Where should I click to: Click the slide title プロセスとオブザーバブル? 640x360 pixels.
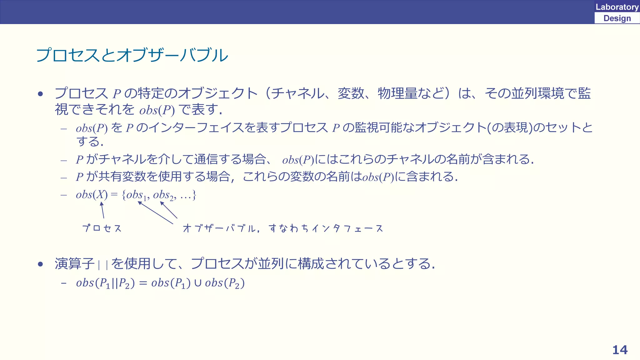click(132, 55)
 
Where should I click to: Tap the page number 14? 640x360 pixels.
click(620, 350)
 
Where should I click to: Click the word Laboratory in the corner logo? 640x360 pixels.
click(617, 7)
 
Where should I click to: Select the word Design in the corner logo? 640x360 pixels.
click(617, 18)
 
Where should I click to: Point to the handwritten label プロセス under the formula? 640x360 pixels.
click(102, 228)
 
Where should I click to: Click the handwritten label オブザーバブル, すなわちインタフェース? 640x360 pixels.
click(283, 228)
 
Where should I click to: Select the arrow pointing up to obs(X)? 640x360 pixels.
click(102, 210)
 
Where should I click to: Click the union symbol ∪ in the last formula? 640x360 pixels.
click(197, 283)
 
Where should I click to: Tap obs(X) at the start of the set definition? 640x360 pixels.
click(92, 195)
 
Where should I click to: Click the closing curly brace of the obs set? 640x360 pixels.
click(194, 195)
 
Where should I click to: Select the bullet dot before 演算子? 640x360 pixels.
click(40, 264)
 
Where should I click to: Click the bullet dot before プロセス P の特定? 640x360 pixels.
click(40, 94)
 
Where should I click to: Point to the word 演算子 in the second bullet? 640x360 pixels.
click(74, 264)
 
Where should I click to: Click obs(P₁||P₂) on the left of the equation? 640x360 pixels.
click(105, 283)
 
